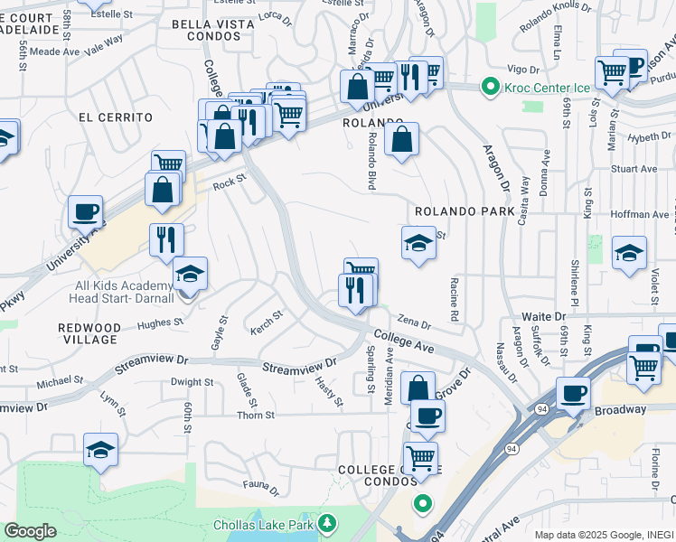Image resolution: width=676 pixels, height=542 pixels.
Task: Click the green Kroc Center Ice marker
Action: pyautogui.click(x=490, y=88)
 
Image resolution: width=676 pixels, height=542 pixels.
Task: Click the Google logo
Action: pyautogui.click(x=30, y=531)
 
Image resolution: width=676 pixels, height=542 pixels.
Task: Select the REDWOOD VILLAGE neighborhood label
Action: pyautogui.click(x=88, y=332)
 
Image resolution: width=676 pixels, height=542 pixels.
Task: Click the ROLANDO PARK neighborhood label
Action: pyautogui.click(x=465, y=210)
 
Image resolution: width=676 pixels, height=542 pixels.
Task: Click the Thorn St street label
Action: pyautogui.click(x=256, y=416)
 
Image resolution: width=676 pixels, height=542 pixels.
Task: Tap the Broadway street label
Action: pyautogui.click(x=621, y=409)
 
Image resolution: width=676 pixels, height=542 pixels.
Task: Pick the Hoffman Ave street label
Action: pyautogui.click(x=649, y=214)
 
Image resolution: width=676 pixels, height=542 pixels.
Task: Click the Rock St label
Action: pyautogui.click(x=230, y=182)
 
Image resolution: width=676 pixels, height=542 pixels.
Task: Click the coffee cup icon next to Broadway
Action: pyautogui.click(x=573, y=393)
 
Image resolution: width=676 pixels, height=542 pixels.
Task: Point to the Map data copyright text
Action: pyautogui.click(x=604, y=535)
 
